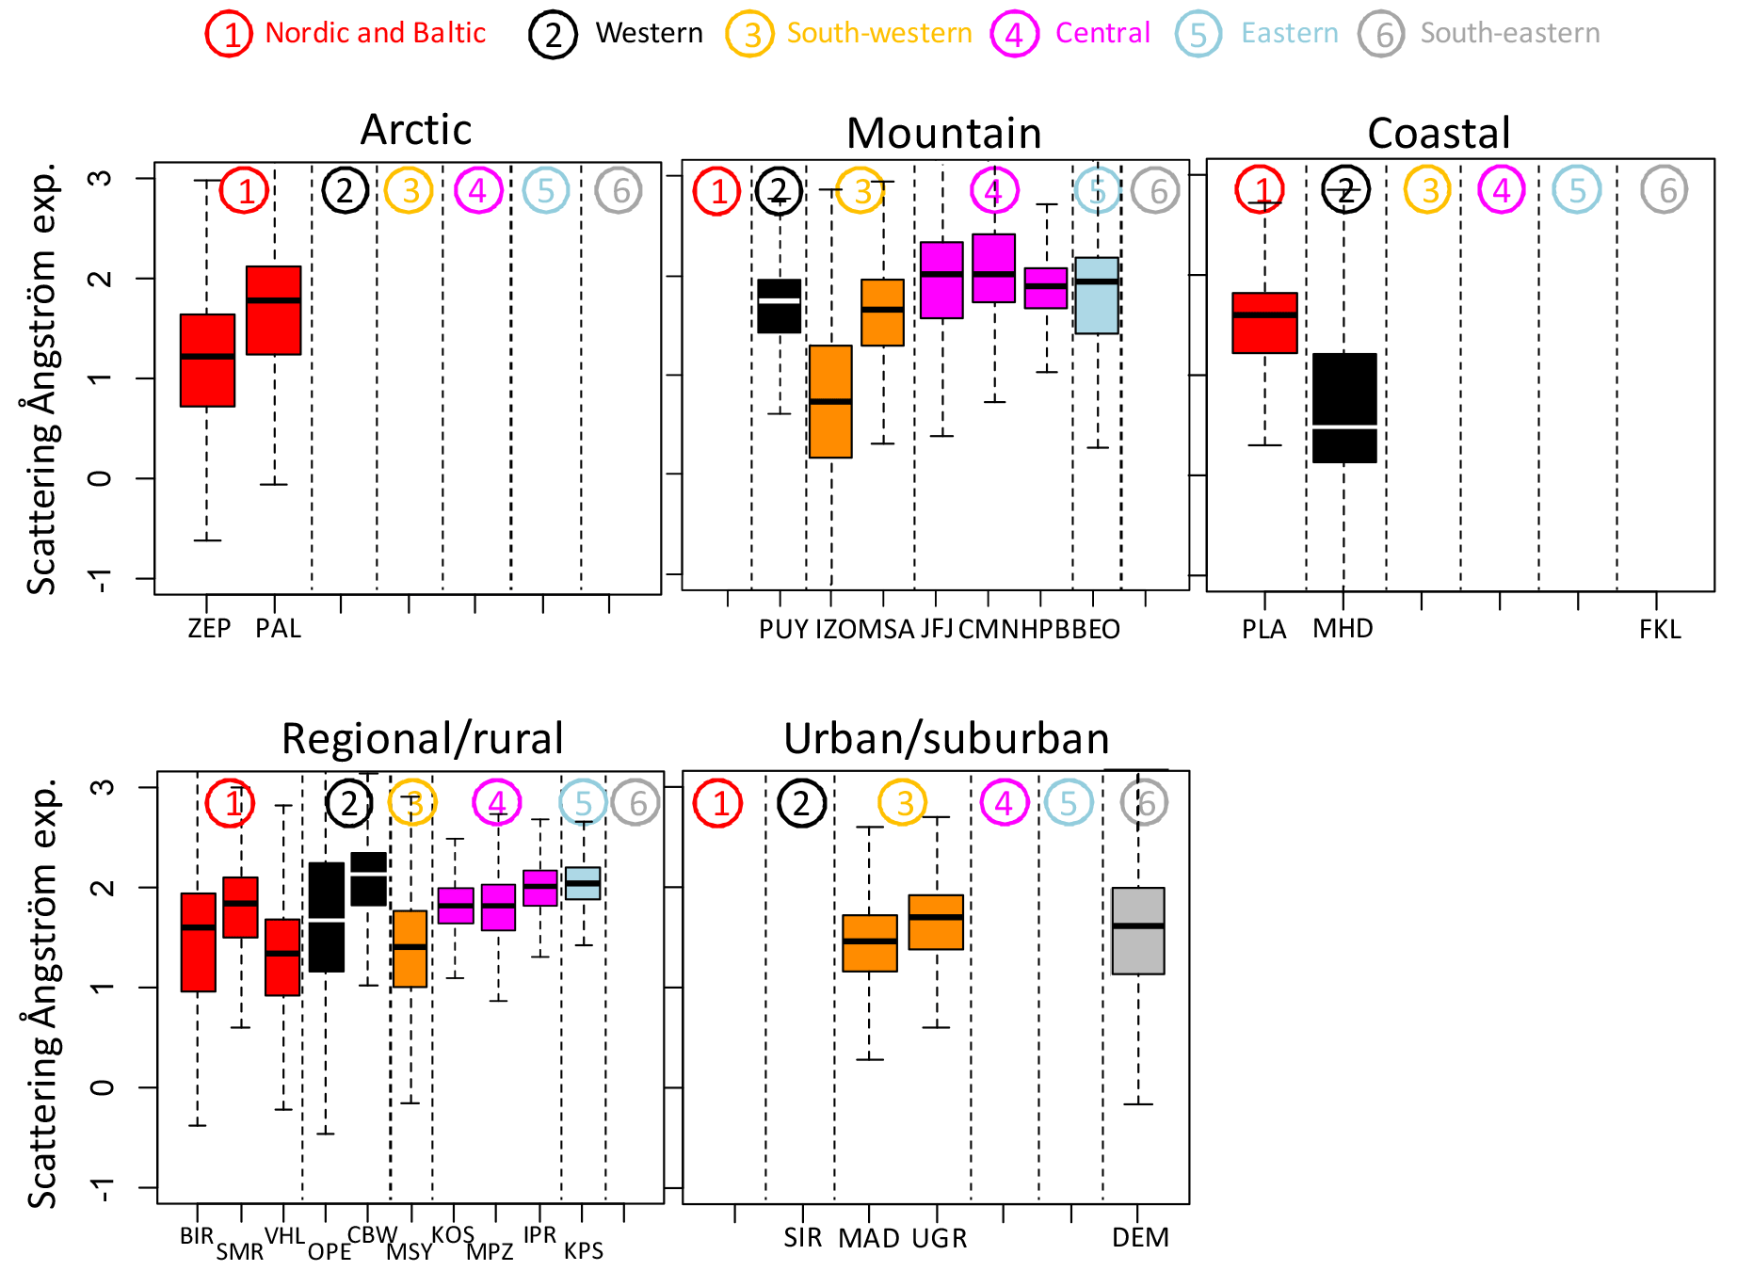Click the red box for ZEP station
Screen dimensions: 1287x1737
point(207,361)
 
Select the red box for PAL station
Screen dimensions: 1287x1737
point(274,311)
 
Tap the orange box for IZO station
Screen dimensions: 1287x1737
point(830,402)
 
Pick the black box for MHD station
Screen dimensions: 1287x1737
point(1344,408)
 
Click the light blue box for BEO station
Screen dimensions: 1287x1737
point(1097,296)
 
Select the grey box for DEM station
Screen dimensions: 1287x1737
point(1138,930)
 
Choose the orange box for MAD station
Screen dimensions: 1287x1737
point(869,942)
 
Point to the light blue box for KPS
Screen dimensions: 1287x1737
point(583,883)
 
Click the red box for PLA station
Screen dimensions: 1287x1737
point(1264,323)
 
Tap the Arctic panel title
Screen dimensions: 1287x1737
point(416,130)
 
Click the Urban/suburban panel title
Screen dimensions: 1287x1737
point(946,739)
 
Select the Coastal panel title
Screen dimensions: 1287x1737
point(1439,133)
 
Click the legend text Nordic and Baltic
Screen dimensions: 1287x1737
point(375,33)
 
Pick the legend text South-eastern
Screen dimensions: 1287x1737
point(1509,33)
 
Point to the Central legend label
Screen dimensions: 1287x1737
point(1102,33)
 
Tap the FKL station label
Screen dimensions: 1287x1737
point(1659,629)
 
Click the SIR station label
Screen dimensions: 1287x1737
point(802,1237)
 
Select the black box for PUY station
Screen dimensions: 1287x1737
point(780,306)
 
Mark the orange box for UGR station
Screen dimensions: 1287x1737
point(936,922)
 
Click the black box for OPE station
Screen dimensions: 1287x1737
point(327,917)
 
